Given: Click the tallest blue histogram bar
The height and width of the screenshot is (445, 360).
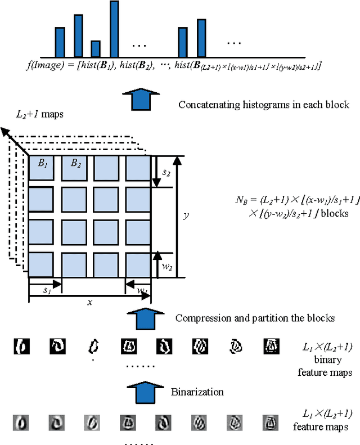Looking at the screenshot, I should coord(114,29).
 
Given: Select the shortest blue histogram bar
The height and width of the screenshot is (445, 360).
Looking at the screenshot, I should coord(96,49).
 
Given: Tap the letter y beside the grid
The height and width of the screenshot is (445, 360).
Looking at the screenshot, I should coord(186,216).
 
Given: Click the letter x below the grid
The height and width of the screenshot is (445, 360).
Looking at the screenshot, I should coord(89,302).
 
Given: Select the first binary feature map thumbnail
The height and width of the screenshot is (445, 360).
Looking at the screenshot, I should coord(21,345).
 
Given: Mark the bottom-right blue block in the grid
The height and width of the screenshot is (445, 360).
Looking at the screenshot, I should coord(138,264).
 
